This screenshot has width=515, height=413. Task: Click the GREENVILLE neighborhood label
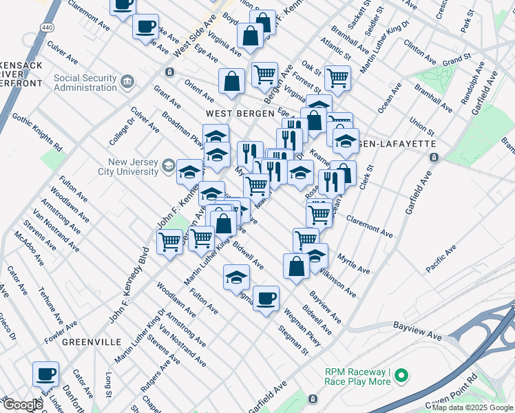click(92, 341)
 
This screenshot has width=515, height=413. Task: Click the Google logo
click(22, 405)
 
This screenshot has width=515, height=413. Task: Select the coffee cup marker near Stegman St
click(266, 299)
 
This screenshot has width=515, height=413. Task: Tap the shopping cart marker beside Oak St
click(338, 78)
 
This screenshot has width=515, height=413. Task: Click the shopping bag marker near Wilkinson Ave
click(296, 266)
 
